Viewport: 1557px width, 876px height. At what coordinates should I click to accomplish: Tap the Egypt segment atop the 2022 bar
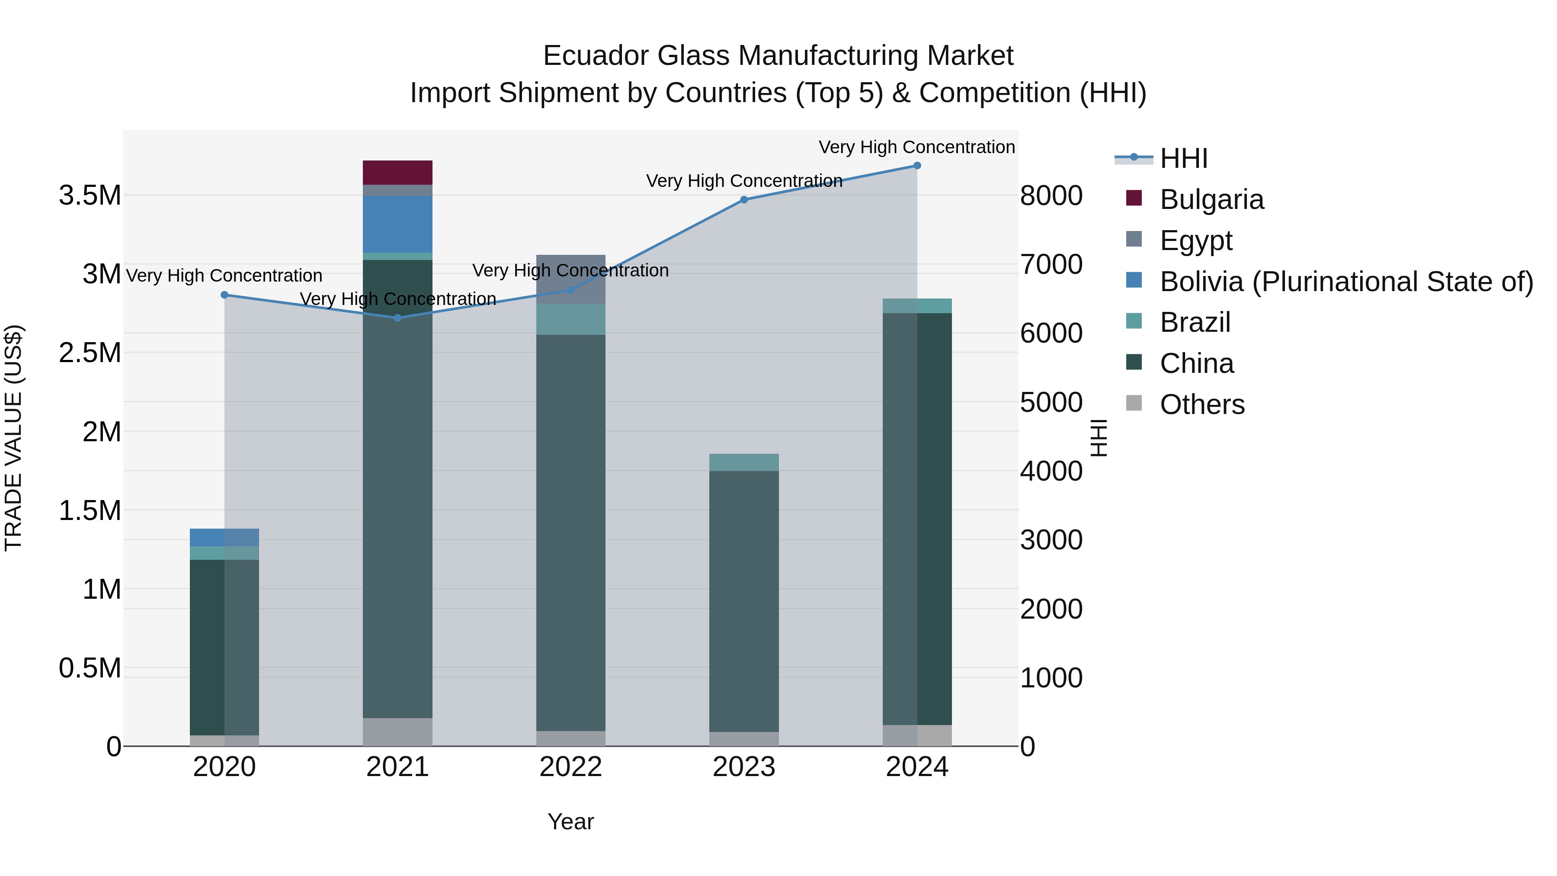point(570,278)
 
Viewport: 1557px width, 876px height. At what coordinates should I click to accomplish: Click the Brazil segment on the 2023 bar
point(743,462)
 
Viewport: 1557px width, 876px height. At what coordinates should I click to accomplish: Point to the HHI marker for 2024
point(917,166)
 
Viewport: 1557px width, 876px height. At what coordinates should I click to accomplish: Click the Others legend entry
point(1201,404)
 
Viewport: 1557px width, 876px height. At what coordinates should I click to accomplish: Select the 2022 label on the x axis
point(570,767)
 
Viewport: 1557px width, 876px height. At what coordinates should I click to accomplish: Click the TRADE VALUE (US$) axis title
point(13,438)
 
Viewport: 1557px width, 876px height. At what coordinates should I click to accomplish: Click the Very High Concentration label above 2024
point(916,147)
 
